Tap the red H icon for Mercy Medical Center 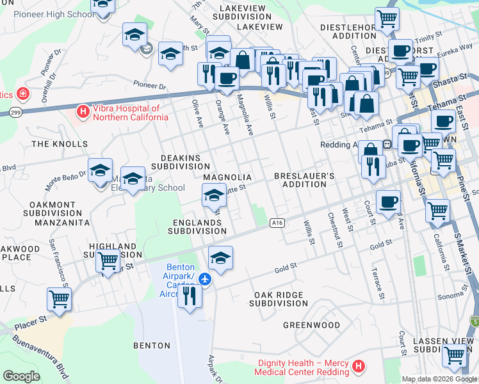359,367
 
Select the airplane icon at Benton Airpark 204,279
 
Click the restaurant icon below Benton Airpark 189,296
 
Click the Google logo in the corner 21,376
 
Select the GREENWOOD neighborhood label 311,325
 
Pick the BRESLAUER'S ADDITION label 304,180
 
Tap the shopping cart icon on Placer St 59,298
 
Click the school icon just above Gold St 220,257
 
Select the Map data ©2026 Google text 440,379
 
